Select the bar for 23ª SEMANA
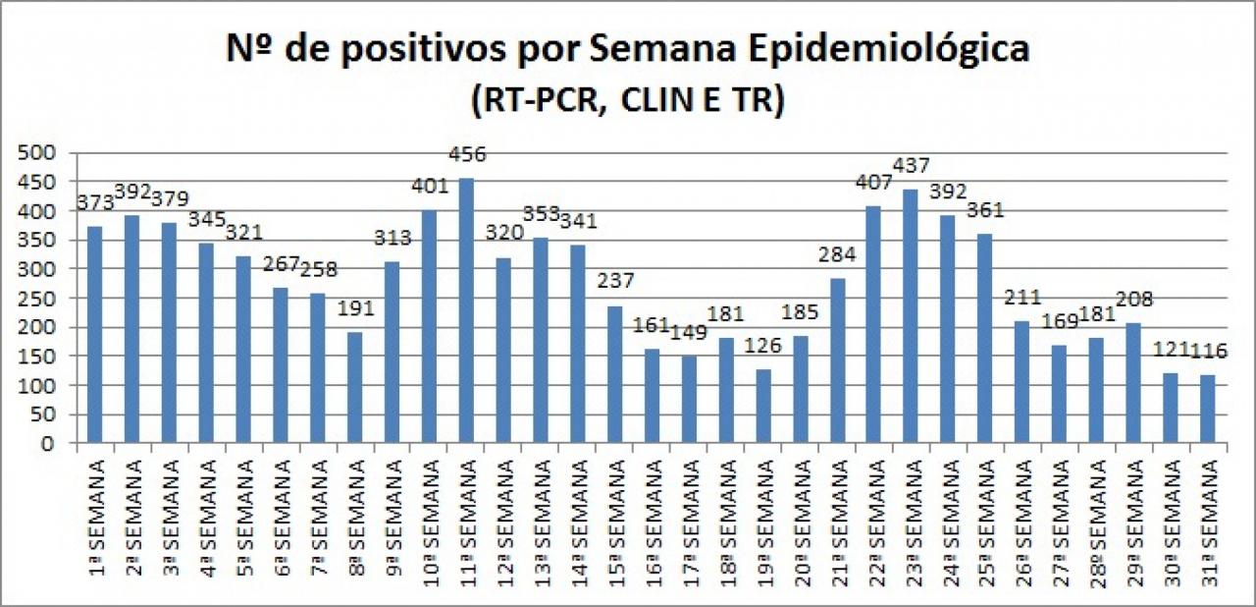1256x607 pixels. pos(910,316)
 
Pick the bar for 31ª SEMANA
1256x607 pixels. pos(1207,409)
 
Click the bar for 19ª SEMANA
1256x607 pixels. pos(761,406)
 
